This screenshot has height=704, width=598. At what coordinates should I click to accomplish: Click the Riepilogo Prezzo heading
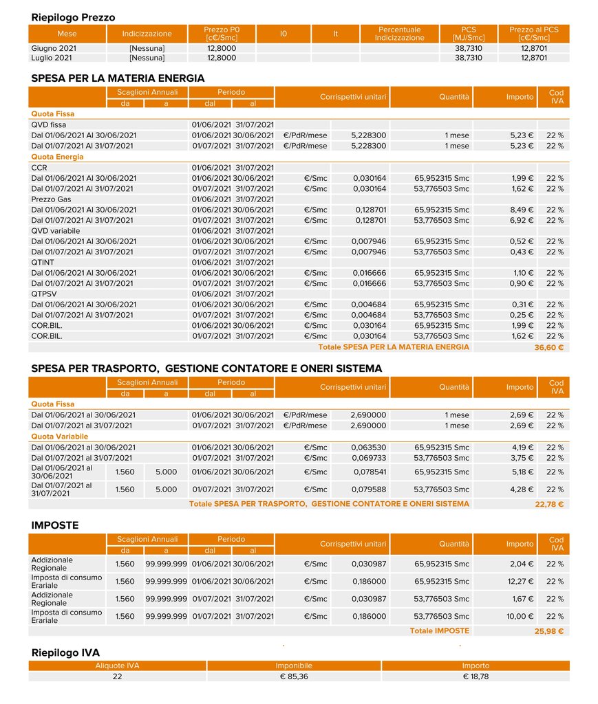click(74, 17)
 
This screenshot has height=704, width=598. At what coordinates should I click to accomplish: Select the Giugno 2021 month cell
click(53, 49)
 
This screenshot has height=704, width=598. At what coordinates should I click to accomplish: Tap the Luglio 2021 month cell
click(52, 58)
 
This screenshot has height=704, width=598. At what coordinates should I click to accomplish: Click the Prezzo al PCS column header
click(534, 34)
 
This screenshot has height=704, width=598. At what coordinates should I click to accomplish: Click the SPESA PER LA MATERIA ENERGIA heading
click(118, 78)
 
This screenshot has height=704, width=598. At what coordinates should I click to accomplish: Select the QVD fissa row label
click(49, 124)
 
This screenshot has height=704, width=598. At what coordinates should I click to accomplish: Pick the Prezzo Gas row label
click(52, 199)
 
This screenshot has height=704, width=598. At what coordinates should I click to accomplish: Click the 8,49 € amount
click(522, 210)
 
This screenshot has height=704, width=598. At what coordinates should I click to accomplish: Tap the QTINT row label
click(43, 262)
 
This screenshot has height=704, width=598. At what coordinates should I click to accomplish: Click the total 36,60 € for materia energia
click(548, 348)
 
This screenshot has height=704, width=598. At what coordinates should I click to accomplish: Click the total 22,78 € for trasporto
click(548, 505)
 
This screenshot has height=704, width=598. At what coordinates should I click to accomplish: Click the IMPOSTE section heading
click(55, 525)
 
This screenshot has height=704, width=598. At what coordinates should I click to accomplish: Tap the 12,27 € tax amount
click(520, 581)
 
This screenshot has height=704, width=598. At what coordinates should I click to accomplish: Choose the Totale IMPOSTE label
click(439, 630)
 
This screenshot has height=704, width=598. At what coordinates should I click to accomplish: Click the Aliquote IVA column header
click(118, 665)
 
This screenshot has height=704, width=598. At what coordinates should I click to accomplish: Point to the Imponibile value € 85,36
click(294, 676)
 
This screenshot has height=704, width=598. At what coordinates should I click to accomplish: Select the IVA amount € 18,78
click(476, 676)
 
